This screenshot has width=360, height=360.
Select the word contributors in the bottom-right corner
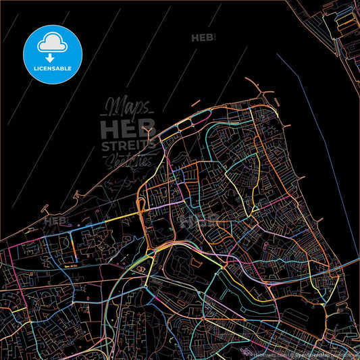tap(346, 355)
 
